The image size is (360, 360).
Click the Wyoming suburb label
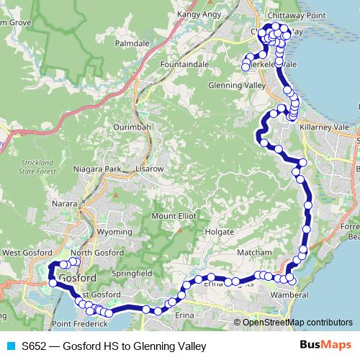click(x=114, y=233)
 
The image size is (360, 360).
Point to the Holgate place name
click(x=220, y=233)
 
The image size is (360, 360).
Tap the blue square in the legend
click(x=11, y=346)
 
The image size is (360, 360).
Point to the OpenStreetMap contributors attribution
click(x=297, y=323)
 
